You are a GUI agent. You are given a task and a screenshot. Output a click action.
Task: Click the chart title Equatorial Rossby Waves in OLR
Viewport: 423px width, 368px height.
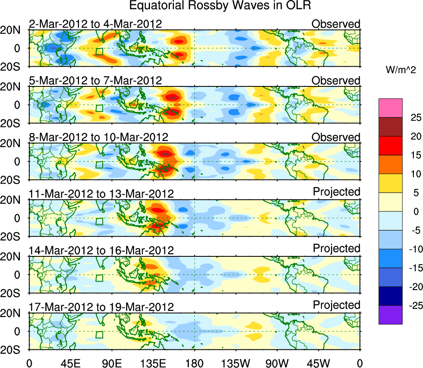pos(220,6)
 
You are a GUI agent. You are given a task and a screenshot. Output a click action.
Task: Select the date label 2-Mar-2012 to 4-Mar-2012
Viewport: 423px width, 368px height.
pos(95,24)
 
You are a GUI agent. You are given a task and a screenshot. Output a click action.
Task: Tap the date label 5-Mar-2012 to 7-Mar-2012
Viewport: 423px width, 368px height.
pos(95,80)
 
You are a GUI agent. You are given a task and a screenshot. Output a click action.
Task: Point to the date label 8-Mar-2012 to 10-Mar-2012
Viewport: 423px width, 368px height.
pos(99,137)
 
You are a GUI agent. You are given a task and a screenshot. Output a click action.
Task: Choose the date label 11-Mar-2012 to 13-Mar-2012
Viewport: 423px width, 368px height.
pos(101,194)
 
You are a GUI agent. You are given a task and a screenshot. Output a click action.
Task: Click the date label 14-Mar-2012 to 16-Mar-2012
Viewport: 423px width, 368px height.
pos(101,250)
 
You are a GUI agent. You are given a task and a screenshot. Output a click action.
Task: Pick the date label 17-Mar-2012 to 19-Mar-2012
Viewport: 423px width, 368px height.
pos(101,307)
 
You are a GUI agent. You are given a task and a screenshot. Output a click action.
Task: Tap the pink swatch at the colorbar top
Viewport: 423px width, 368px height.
pos(390,108)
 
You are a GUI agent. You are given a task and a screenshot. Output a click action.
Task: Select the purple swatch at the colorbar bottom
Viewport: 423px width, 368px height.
pos(390,315)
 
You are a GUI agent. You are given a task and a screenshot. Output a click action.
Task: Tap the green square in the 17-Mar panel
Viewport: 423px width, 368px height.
pos(99,335)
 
